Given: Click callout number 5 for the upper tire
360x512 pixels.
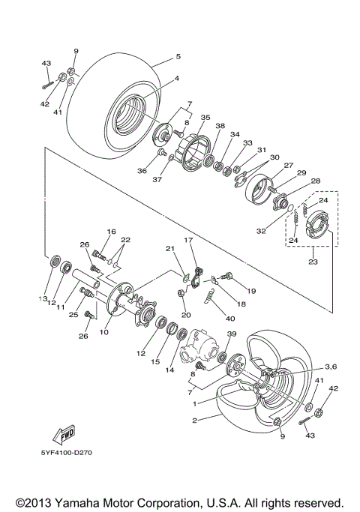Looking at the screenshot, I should point(178,56).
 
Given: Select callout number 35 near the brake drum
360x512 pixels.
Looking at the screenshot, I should point(205,118).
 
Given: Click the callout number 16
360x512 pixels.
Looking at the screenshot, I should point(111,232).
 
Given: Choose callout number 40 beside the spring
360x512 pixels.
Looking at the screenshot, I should point(229,318).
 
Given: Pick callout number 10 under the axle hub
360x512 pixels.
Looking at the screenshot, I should point(104,331).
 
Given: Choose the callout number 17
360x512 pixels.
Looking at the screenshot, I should point(189,241).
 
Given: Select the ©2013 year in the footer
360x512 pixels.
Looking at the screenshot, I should point(35,502).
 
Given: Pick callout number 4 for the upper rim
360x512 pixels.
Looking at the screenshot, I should point(176,78).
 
